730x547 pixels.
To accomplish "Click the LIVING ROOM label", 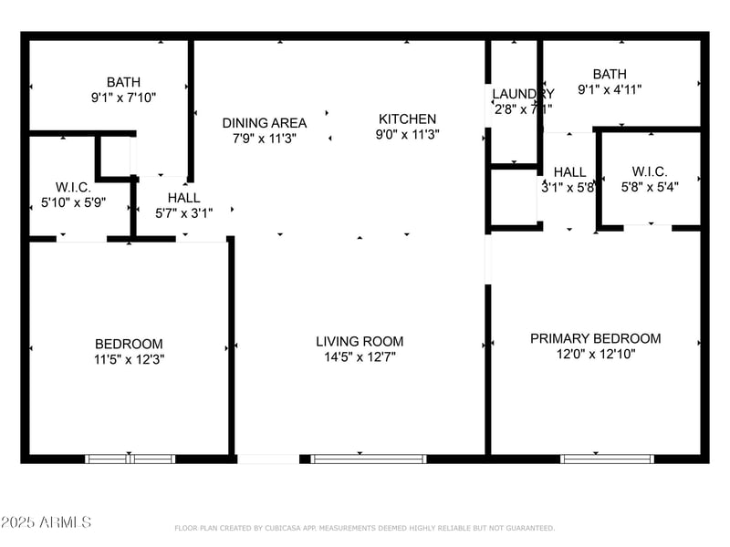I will coord(360,341).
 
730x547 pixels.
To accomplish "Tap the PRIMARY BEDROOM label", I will coord(595,338).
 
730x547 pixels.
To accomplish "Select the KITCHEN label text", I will coord(407,119).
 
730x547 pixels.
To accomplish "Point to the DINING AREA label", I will coord(265,123).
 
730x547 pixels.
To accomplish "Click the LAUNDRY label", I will coord(522,94).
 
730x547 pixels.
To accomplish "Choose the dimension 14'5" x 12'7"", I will coord(360,356).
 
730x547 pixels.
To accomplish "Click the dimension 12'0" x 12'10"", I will coord(595,354).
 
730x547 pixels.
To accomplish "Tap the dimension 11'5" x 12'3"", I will coord(129,359).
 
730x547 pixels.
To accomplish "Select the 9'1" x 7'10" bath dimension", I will coord(123,98).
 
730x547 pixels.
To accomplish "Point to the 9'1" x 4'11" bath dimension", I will coord(610,89).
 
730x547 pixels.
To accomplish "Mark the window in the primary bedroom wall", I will coord(595,459).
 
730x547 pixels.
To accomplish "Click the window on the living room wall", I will coord(369,459).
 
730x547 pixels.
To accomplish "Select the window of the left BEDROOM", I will coord(130,459).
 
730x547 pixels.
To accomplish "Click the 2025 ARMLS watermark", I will coord(46,522).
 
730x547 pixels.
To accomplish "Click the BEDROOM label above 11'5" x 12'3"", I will coord(129,344).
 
